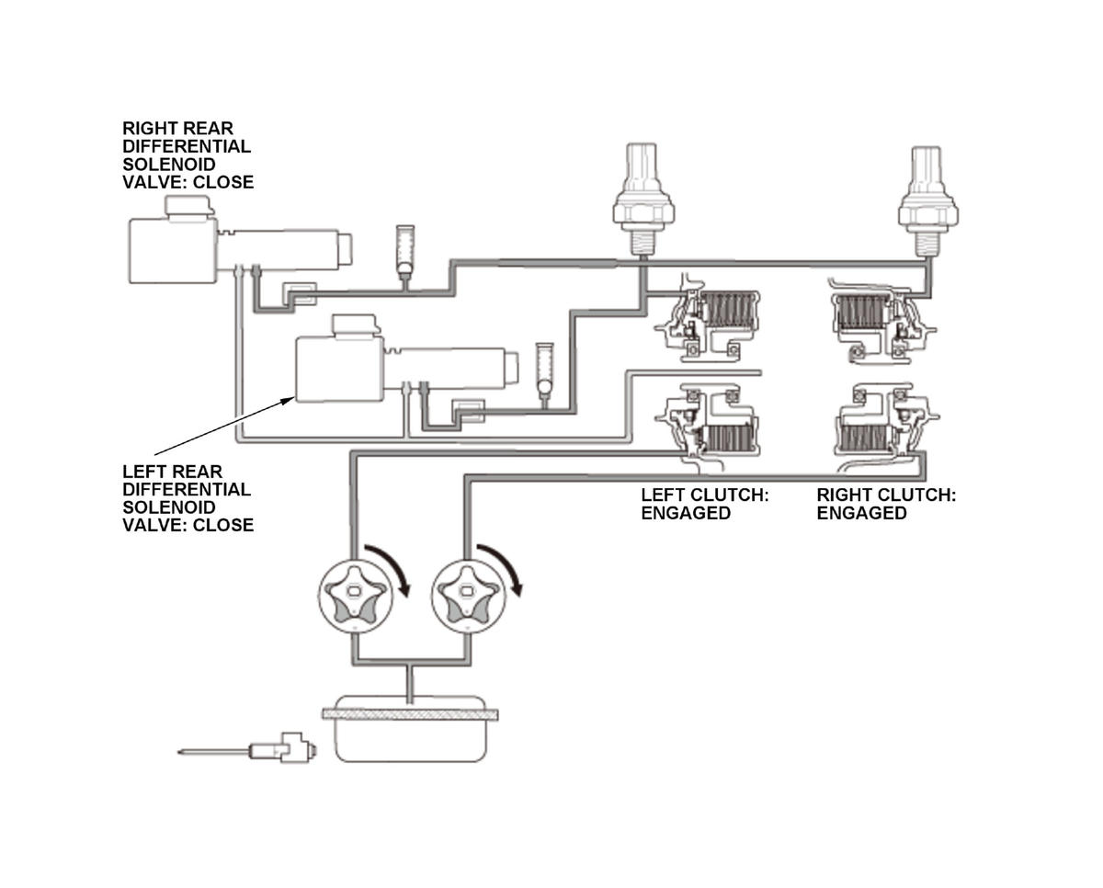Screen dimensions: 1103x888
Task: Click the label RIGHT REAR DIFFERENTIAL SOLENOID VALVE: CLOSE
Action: (x=188, y=155)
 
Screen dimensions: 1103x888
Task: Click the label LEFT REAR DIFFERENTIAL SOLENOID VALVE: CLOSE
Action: (x=188, y=498)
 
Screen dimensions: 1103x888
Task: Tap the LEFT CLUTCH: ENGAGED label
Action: (x=705, y=504)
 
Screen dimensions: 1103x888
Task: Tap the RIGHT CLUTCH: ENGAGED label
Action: (x=886, y=504)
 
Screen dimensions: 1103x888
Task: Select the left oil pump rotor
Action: (x=355, y=597)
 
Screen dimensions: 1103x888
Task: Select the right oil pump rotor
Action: (x=469, y=597)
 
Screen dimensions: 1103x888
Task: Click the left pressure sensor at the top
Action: (x=643, y=199)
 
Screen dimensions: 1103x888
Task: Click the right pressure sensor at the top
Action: (x=928, y=201)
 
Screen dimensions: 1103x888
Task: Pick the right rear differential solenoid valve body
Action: (x=240, y=240)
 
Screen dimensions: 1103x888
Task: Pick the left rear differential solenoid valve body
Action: (x=407, y=359)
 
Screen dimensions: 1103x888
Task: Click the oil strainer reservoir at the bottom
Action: (x=410, y=729)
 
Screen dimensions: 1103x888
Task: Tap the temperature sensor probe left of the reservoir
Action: (x=247, y=749)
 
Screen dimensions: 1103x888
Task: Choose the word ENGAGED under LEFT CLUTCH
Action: (x=686, y=513)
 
